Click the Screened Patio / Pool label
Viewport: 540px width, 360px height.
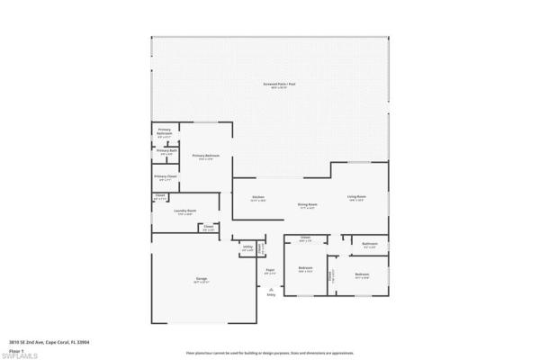coord(274,84)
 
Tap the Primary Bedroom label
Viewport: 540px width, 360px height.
coord(206,156)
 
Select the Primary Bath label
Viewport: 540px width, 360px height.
coord(166,150)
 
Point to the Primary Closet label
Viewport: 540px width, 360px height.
coord(165,176)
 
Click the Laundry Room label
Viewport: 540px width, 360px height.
coord(186,211)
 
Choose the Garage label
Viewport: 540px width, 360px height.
coord(202,280)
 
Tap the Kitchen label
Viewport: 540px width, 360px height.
coord(258,196)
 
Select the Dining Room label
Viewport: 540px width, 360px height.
coord(308,205)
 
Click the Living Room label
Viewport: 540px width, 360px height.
coord(357,196)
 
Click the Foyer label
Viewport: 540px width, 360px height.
coord(269,270)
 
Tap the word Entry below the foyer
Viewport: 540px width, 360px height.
coord(270,294)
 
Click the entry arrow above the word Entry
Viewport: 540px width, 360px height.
coord(270,288)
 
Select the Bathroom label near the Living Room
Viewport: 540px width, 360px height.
coord(369,244)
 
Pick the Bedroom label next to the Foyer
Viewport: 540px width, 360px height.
coord(306,267)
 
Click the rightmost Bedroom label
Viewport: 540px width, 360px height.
coord(362,274)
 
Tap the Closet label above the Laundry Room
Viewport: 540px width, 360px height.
coord(160,195)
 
